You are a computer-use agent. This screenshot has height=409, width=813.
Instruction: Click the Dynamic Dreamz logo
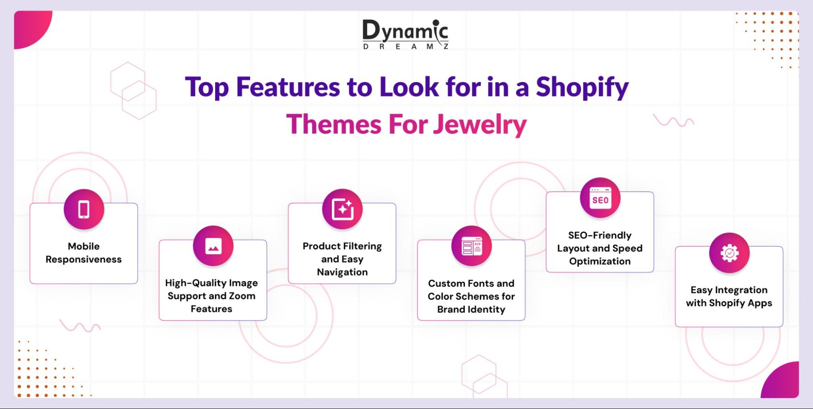coord(405,35)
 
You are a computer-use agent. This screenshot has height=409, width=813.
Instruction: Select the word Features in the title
coord(288,87)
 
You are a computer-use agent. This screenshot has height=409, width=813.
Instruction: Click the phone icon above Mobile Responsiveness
coord(84,209)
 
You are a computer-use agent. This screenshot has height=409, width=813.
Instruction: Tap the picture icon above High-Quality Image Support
coord(213,246)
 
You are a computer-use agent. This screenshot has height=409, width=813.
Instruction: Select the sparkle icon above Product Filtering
coord(342,209)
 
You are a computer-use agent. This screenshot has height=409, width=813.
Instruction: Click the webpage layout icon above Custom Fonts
coord(471,246)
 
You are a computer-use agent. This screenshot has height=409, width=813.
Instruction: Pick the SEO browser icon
coord(600,198)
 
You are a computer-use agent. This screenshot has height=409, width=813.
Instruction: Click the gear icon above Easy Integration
coord(729,253)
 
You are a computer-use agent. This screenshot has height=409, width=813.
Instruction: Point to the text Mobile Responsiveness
coord(84,253)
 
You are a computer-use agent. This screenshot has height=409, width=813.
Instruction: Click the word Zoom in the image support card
coord(242,296)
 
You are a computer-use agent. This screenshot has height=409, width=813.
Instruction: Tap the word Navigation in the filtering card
coord(342,272)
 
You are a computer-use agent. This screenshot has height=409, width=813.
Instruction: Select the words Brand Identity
coord(471,309)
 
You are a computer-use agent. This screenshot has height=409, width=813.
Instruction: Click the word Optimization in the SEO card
coord(600,261)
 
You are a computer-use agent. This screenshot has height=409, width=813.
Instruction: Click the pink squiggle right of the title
coord(673,121)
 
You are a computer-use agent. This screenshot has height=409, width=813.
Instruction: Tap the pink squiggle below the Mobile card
coord(80,326)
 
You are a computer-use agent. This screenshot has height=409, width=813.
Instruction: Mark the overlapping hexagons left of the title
coord(133,91)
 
